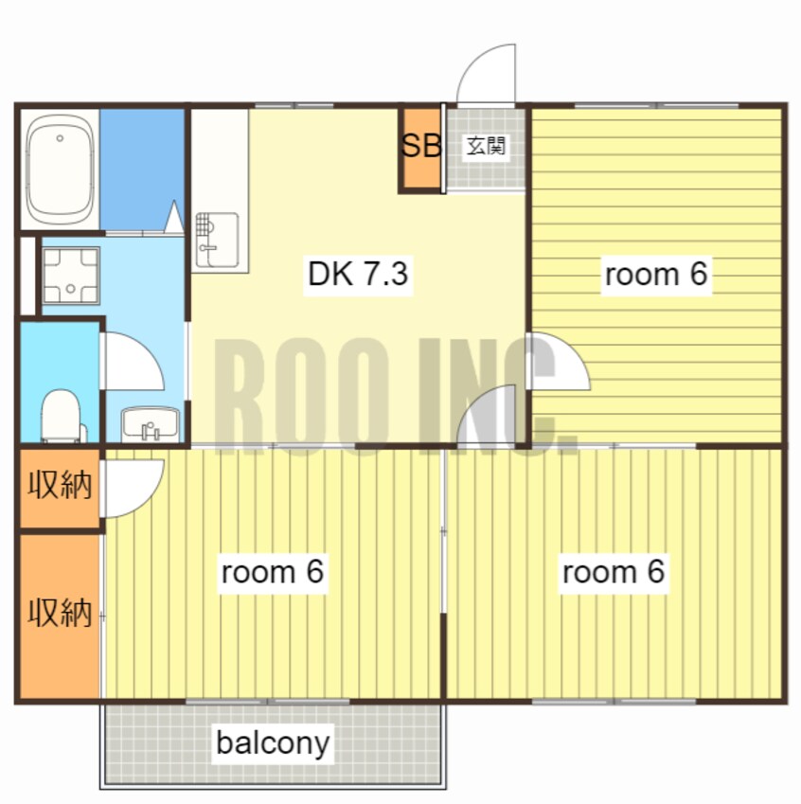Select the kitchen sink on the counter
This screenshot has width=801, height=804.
(x=218, y=240)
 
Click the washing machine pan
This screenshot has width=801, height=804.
(x=70, y=276)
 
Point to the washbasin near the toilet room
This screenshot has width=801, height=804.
(x=151, y=424)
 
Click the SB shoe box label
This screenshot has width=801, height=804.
(x=421, y=146)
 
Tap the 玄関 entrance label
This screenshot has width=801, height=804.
(x=486, y=146)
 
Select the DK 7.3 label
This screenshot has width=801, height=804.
(x=358, y=274)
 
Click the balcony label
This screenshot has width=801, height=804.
(x=273, y=742)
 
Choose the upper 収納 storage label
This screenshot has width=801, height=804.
(x=60, y=485)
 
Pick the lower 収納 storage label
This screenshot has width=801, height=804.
(x=60, y=612)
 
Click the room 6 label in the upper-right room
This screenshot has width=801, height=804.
(x=656, y=274)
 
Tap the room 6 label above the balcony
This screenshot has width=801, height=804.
(x=273, y=571)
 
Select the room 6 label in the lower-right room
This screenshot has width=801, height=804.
(x=614, y=571)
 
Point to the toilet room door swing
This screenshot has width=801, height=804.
(x=150, y=349)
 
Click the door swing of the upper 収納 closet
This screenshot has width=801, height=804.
(x=150, y=501)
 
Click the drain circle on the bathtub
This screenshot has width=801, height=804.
(x=60, y=138)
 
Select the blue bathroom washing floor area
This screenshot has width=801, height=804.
(x=142, y=170)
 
